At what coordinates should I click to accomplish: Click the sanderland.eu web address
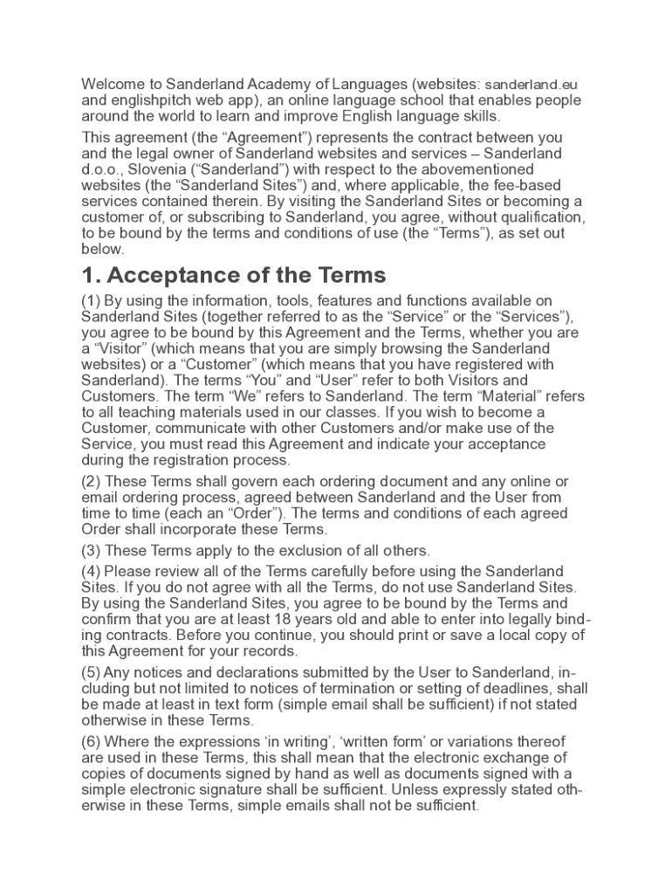531,85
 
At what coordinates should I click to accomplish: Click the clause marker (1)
91,301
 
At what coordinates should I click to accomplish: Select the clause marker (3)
91,551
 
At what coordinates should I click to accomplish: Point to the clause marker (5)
91,672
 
